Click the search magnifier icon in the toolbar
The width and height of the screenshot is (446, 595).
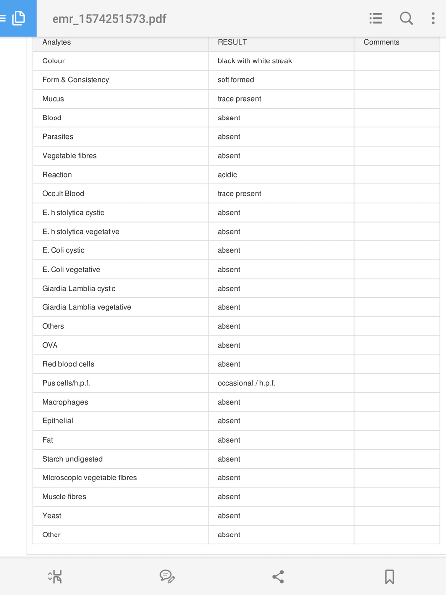(x=406, y=18)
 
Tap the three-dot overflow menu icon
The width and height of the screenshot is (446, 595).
(x=433, y=18)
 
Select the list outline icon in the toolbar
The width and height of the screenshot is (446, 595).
(x=376, y=18)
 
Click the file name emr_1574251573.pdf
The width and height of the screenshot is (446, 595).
(x=109, y=19)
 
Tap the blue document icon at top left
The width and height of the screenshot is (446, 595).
(x=18, y=18)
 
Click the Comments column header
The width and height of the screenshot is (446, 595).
(x=381, y=42)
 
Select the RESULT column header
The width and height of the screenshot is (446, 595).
(x=232, y=42)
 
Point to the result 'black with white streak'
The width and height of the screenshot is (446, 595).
(x=255, y=61)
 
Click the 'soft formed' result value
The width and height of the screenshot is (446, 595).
(x=235, y=80)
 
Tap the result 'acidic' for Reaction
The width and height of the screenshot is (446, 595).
(x=227, y=175)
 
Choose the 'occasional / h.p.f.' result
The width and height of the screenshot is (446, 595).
(x=246, y=383)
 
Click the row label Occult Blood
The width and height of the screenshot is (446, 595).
(x=63, y=193)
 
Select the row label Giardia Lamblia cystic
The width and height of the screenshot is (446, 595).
(x=79, y=289)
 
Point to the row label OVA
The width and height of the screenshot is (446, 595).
(x=50, y=345)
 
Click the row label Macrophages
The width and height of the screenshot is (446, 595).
(x=65, y=402)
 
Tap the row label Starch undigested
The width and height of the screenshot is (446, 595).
(x=72, y=459)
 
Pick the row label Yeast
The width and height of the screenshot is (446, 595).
(x=52, y=516)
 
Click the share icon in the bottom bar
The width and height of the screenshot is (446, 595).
(x=278, y=577)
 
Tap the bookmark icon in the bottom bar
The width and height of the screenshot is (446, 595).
(x=390, y=577)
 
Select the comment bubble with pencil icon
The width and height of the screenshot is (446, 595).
(x=167, y=577)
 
